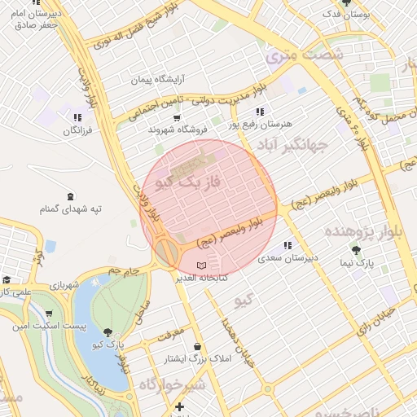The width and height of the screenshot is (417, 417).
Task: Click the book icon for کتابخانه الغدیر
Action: [x=202, y=266]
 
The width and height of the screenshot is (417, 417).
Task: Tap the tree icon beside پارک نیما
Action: [x=355, y=249]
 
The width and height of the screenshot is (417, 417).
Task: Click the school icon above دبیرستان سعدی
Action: [x=288, y=245]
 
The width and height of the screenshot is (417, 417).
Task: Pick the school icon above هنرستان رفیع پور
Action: [x=259, y=111]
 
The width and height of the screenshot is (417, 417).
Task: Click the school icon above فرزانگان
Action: [x=77, y=117]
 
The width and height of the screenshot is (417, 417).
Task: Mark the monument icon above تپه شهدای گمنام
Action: [x=71, y=195]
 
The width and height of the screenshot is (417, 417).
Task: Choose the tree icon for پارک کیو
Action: [x=109, y=331]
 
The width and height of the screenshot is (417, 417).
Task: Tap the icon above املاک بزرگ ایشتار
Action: [x=197, y=346]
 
